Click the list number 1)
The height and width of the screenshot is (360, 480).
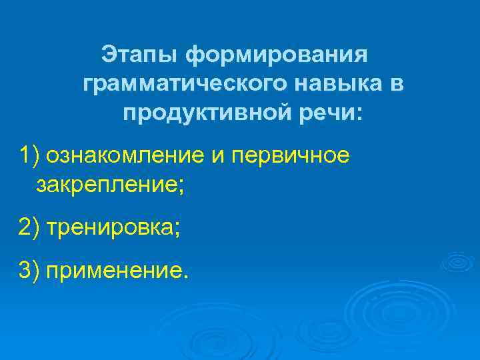30,155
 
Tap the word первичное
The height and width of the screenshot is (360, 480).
289,155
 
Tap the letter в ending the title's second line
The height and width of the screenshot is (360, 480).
397,85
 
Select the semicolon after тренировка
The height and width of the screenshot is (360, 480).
177,229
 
